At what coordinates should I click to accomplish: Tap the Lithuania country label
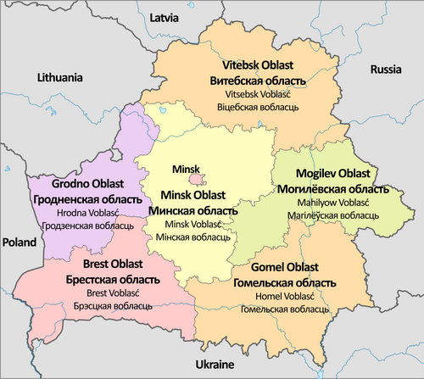pyautogui.click(x=59, y=77)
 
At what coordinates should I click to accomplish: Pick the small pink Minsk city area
pyautogui.click(x=196, y=179)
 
